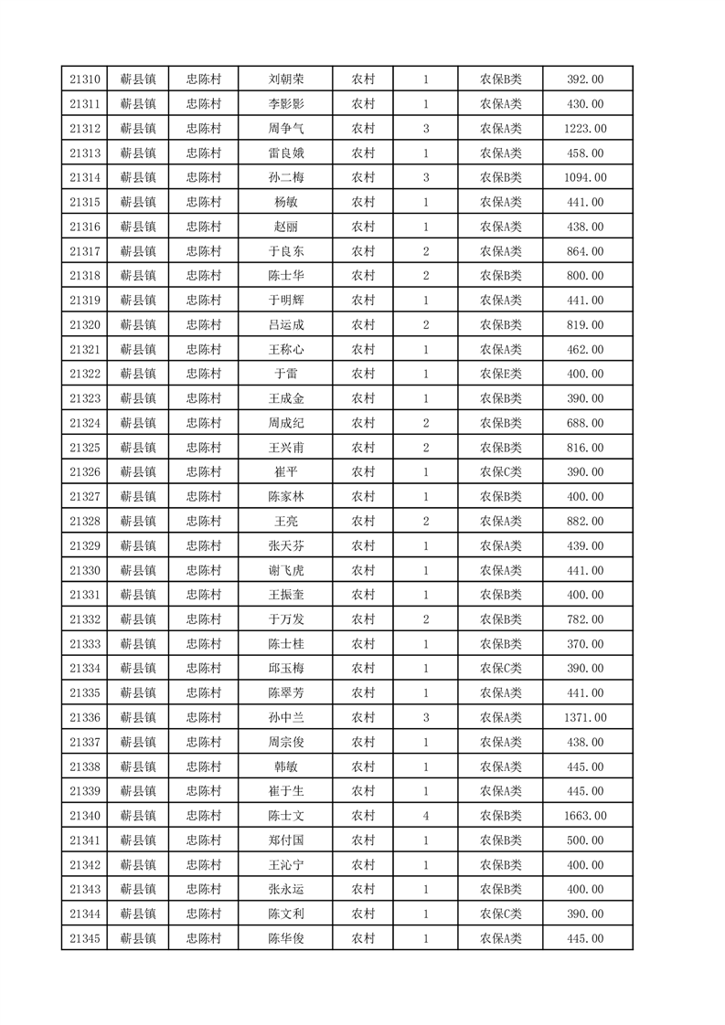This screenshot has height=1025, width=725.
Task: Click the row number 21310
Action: point(84,79)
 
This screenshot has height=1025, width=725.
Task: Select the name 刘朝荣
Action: point(285,79)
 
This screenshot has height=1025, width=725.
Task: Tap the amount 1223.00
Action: point(585,129)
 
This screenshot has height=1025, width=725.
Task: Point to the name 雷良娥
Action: point(285,153)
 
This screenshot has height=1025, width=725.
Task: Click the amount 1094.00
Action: point(585,177)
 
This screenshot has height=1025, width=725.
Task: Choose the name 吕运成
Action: point(285,324)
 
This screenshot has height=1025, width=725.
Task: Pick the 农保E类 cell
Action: point(500,374)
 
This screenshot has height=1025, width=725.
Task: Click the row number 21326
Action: point(84,471)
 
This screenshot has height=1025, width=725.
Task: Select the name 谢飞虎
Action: point(285,570)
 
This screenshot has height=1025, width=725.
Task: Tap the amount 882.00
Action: point(585,521)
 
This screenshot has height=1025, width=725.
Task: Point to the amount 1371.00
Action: point(585,717)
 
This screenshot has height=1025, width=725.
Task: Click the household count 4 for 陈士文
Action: point(426,815)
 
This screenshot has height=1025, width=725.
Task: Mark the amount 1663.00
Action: point(585,815)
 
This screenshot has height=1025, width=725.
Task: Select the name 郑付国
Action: point(285,840)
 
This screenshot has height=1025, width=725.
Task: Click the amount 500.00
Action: point(585,840)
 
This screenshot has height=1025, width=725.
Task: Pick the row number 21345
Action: point(84,938)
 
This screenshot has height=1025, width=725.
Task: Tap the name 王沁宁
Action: point(285,864)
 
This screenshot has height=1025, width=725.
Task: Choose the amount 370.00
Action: point(585,643)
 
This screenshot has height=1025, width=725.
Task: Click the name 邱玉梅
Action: point(285,668)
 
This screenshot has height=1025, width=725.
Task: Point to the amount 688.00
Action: point(585,423)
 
